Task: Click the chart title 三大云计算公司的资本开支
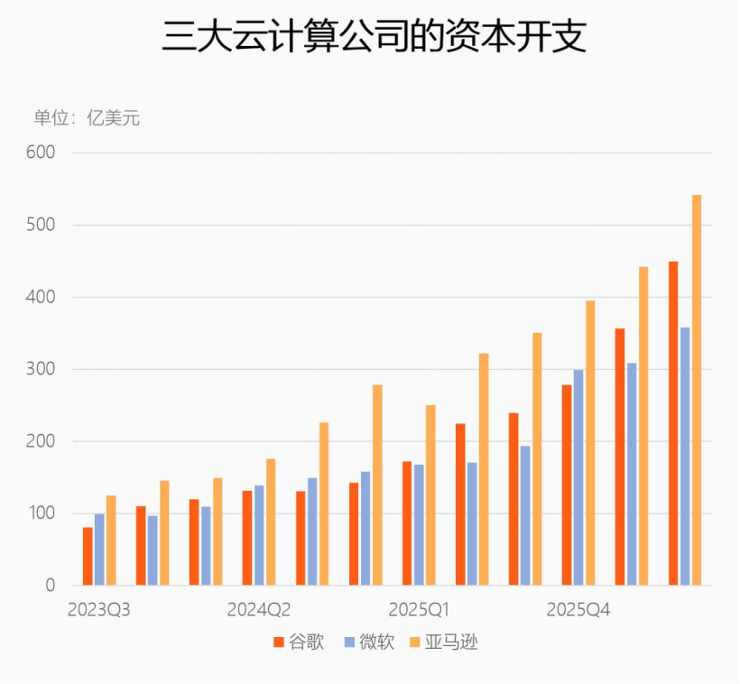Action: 374,36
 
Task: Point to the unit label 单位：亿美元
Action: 87,118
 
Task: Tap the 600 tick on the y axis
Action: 41,153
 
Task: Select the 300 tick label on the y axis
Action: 41,369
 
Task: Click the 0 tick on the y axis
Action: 51,586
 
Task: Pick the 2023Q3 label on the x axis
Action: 98,610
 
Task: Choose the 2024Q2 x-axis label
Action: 259,610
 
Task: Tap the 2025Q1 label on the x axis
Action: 419,610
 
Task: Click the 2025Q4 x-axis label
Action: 578,610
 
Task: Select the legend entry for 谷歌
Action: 299,642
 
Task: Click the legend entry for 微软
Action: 369,642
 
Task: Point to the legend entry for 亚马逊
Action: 444,642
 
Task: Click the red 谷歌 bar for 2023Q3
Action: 88,557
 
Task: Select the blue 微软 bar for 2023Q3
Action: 99,550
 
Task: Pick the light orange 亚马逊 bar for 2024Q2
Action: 271,522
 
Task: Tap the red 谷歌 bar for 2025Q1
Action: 407,523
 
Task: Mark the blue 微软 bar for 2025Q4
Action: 578,477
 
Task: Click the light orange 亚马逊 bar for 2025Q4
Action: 590,443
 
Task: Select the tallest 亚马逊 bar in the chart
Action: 697,391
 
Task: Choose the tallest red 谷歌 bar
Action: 673,423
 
